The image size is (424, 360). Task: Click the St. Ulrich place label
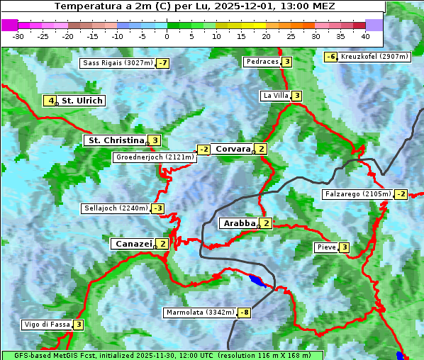point(82,101)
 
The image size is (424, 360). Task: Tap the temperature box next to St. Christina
point(155,140)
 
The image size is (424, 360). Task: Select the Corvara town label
point(233,149)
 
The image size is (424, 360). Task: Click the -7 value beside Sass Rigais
point(163,63)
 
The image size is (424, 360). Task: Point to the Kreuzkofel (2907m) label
point(374,57)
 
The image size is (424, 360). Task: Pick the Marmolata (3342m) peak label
point(200,313)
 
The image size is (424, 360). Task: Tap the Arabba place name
point(238,223)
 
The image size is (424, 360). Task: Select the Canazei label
point(133,244)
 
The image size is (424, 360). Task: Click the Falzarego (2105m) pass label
point(357,194)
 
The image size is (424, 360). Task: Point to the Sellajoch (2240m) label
point(116,208)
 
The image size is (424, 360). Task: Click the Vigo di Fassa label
point(47,325)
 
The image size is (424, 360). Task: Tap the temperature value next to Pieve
point(344,247)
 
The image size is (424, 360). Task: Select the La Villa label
point(275,96)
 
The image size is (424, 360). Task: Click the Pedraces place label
point(262,62)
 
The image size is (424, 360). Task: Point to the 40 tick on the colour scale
point(365,35)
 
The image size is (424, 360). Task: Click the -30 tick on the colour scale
point(18,35)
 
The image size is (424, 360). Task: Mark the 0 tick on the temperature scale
point(167,35)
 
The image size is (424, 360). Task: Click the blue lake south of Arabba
point(257,281)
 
